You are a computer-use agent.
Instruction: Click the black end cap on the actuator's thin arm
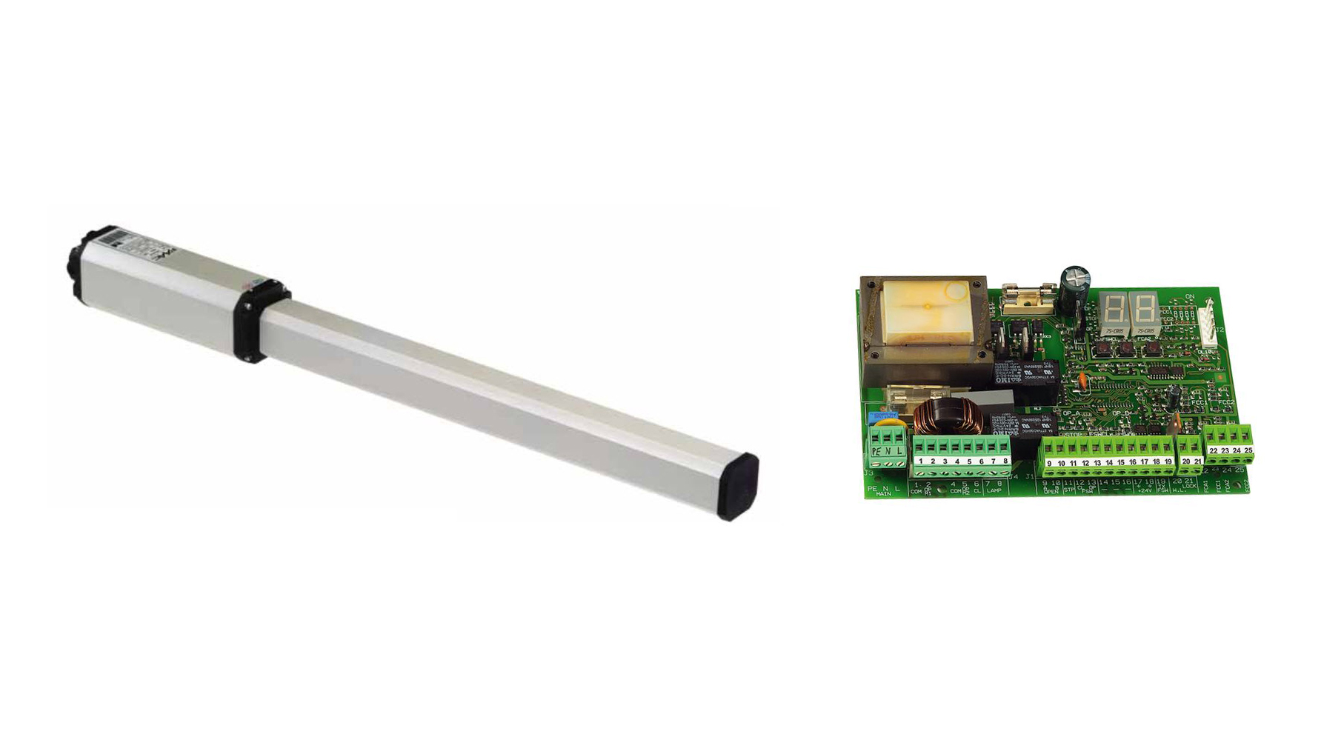(738, 487)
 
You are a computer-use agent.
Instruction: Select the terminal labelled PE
(876, 450)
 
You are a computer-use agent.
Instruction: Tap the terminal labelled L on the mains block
(899, 450)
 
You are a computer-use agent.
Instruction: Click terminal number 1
(920, 460)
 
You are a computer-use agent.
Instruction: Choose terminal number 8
(1005, 460)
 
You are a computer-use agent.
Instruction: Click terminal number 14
(1109, 461)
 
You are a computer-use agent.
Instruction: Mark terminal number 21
(1197, 461)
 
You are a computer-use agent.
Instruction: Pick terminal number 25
(1248, 450)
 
